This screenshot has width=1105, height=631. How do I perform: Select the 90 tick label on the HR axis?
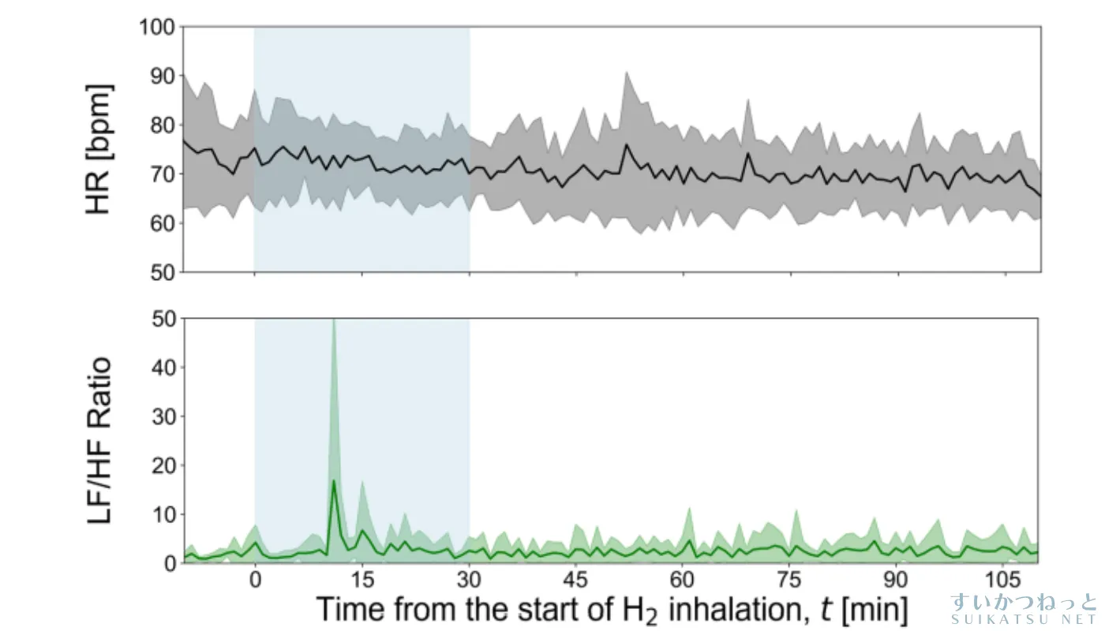point(161,77)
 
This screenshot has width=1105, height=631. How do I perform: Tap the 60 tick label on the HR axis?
point(161,223)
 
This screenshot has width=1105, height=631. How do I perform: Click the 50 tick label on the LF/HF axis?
point(161,319)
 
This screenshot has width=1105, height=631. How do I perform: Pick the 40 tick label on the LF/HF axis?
point(161,368)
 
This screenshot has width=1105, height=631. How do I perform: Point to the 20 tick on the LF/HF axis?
point(161,465)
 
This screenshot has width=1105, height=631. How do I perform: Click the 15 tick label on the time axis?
point(361,577)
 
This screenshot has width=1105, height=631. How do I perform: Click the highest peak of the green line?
point(334,480)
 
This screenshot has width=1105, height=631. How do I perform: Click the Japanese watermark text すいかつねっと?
point(1024,602)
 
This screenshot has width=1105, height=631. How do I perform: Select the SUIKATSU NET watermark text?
point(1024,620)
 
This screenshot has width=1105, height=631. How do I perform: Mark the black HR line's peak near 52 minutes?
point(626,144)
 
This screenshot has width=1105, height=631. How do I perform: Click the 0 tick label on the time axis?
point(254,577)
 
